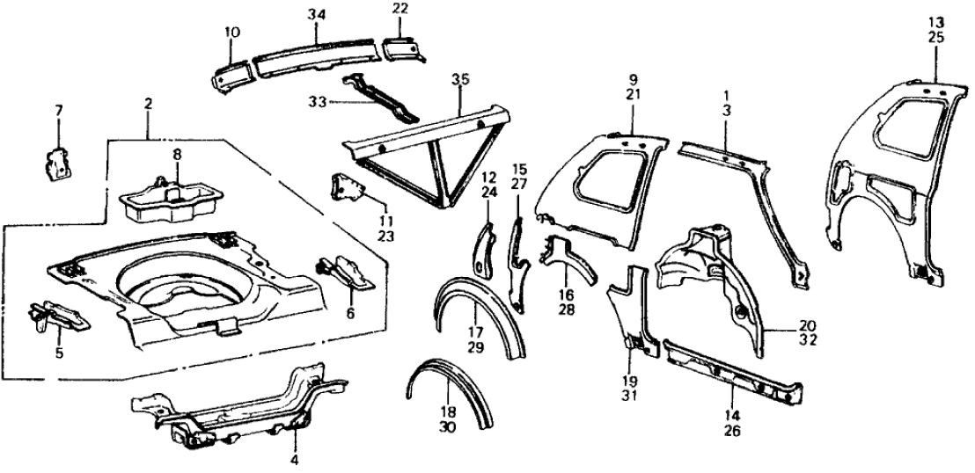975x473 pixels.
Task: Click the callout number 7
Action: [59, 110]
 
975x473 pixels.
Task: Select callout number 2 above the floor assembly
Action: [148, 104]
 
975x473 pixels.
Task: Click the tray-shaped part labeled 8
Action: [168, 196]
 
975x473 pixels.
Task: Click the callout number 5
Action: [60, 353]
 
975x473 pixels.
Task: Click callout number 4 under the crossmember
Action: [296, 458]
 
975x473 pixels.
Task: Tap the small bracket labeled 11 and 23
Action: [348, 188]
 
